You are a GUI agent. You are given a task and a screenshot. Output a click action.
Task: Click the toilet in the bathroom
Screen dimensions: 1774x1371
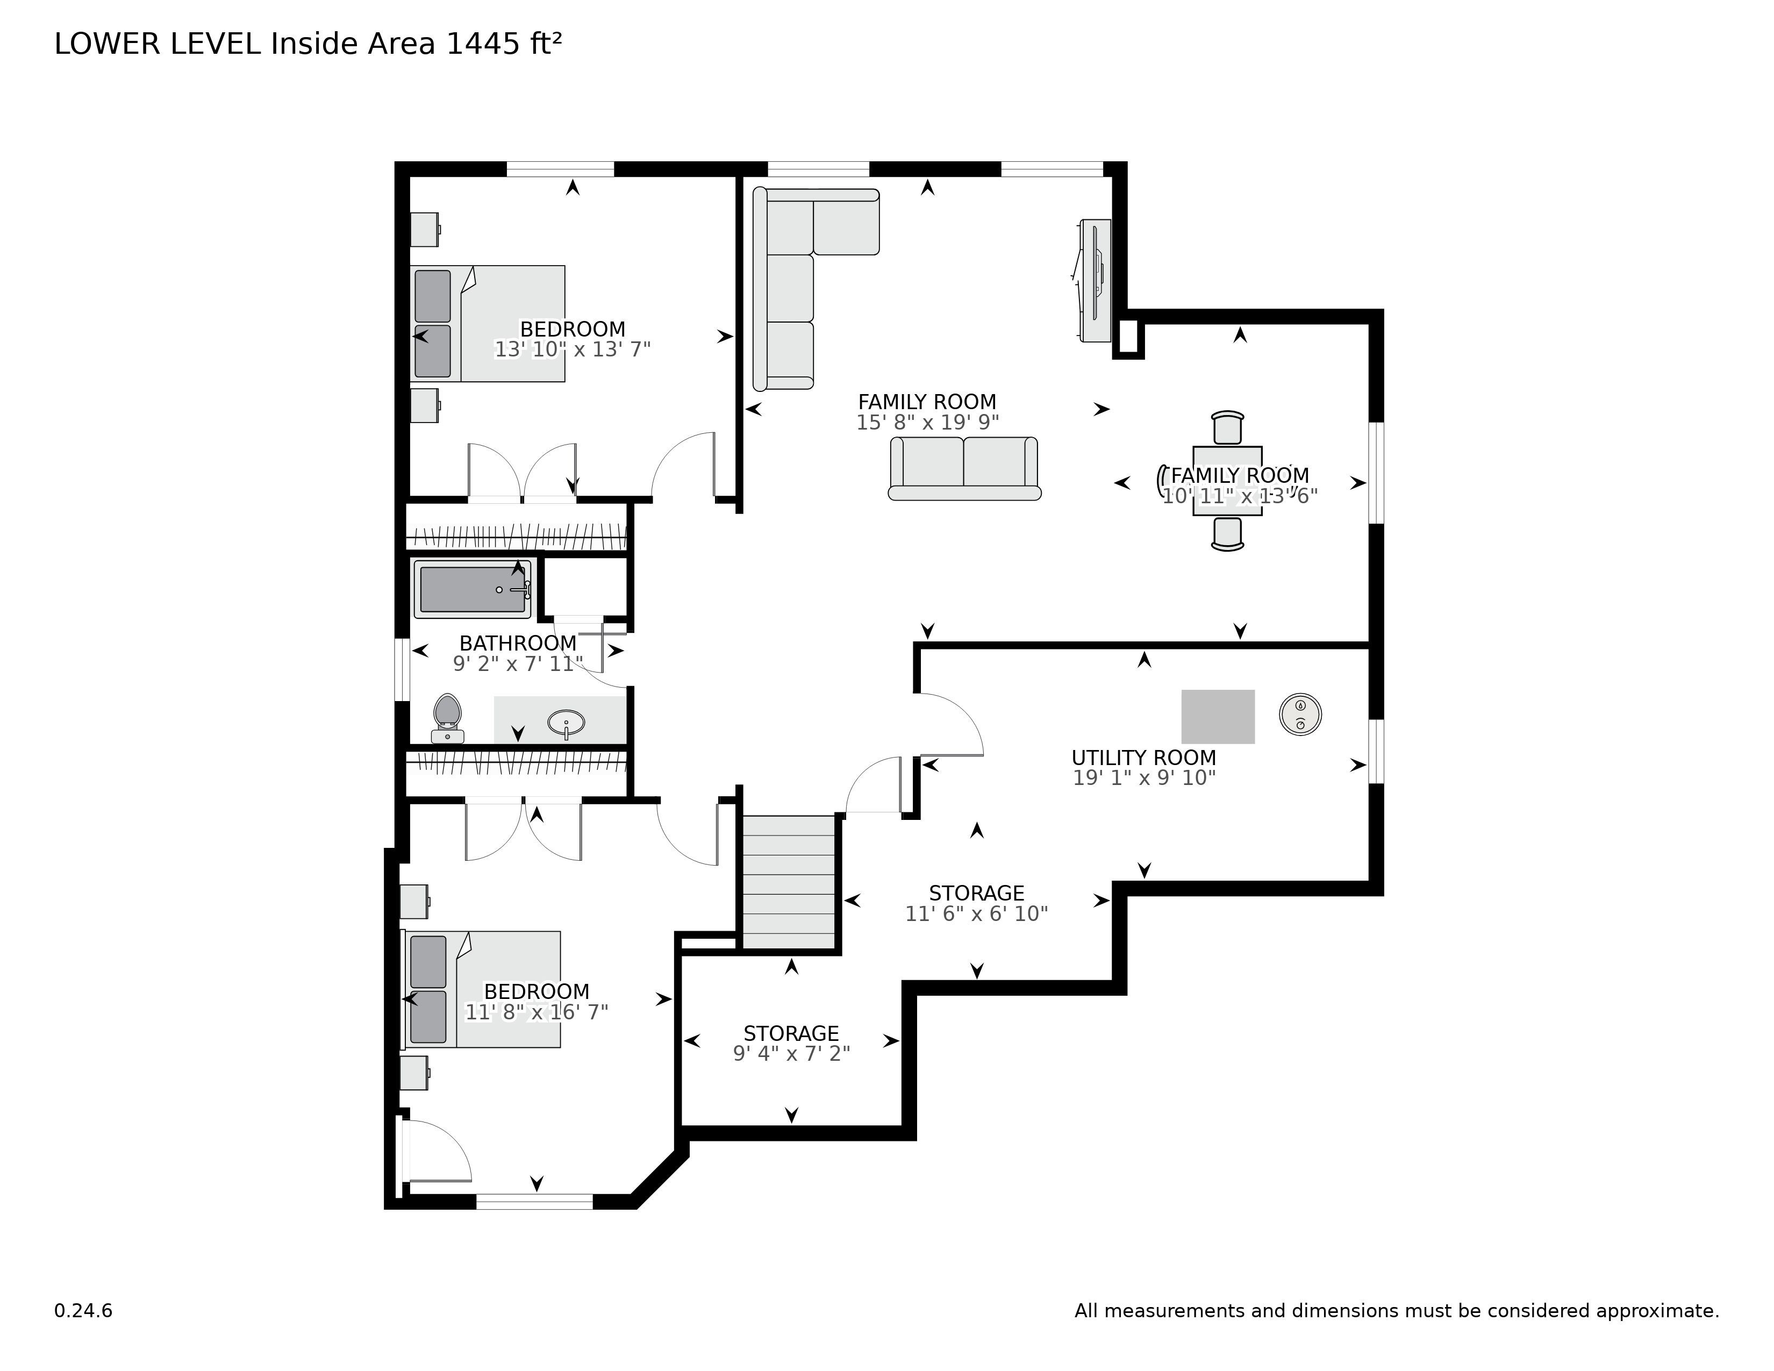(x=447, y=718)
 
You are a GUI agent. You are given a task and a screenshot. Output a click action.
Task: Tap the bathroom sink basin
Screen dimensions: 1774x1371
(x=566, y=722)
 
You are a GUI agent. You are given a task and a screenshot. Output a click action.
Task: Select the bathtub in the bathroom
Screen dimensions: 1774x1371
(x=473, y=589)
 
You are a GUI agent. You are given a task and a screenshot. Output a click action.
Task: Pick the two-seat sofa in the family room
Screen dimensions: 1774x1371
(x=964, y=469)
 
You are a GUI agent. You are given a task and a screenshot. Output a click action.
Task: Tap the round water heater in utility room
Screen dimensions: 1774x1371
(x=1300, y=715)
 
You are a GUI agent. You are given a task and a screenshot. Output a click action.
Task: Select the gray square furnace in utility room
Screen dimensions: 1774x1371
(x=1218, y=716)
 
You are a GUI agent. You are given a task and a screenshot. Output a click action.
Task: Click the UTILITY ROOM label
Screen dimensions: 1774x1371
(x=1143, y=757)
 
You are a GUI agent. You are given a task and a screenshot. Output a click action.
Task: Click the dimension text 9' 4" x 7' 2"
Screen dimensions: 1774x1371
(x=791, y=1053)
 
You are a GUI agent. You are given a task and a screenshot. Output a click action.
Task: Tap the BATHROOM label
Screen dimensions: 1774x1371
(x=517, y=643)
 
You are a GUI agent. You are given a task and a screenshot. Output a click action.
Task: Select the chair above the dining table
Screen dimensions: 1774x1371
(x=1227, y=427)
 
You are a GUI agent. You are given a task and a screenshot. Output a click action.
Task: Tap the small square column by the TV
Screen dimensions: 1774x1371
(x=1127, y=336)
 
